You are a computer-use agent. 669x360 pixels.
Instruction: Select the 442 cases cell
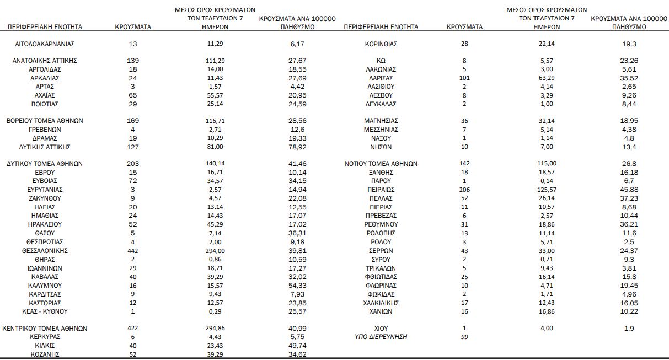pos(132,251)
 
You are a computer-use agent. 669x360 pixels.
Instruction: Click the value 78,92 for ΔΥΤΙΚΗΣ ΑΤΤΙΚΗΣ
pos(297,147)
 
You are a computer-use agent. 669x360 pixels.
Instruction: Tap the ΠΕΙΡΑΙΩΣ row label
pos(381,189)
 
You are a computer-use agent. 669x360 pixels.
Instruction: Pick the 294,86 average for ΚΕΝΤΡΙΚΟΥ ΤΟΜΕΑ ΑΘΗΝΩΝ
pos(215,329)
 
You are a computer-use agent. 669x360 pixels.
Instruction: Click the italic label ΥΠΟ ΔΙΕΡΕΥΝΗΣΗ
pos(381,337)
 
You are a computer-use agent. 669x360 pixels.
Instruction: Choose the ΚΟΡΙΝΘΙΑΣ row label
pos(381,44)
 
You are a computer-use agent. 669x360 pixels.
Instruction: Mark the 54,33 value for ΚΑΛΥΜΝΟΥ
pos(297,286)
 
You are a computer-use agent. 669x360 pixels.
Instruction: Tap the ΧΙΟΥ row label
pos(381,329)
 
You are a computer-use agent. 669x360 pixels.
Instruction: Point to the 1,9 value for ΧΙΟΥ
pos(629,329)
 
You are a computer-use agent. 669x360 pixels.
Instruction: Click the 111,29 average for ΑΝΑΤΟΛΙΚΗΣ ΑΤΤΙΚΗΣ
pos(215,60)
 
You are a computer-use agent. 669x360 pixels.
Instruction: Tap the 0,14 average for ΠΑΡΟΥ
pos(547,181)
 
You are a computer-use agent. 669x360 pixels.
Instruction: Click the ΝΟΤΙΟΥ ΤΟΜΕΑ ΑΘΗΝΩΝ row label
pos(381,164)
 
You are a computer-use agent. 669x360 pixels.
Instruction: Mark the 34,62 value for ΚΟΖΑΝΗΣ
pos(297,354)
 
